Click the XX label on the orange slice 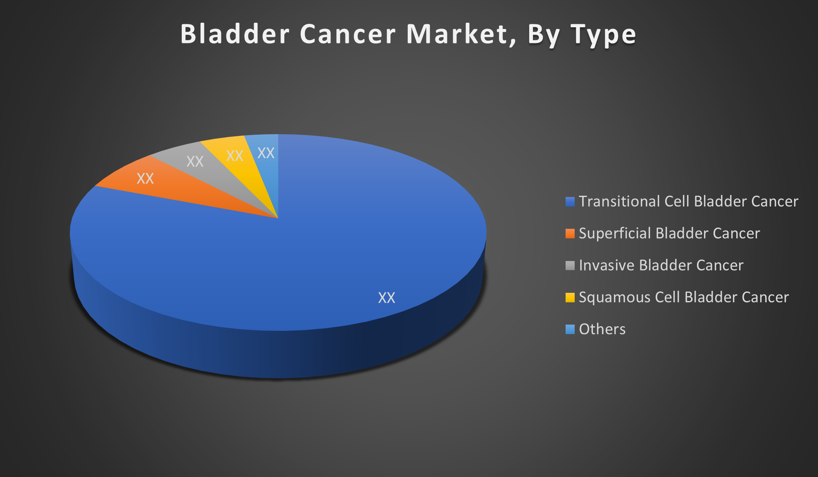coord(145,178)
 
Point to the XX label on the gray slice coord(195,161)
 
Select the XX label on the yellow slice coord(235,156)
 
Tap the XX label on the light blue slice coord(266,153)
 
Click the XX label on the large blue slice coord(387,298)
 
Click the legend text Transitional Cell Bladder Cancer coord(689,202)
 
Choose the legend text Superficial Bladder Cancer coord(669,233)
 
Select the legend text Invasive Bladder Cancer coord(661,265)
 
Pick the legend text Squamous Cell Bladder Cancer coord(684,297)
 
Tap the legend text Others coord(602,329)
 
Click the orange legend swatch coord(570,233)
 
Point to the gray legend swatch coord(570,266)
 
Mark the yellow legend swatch coord(570,297)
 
